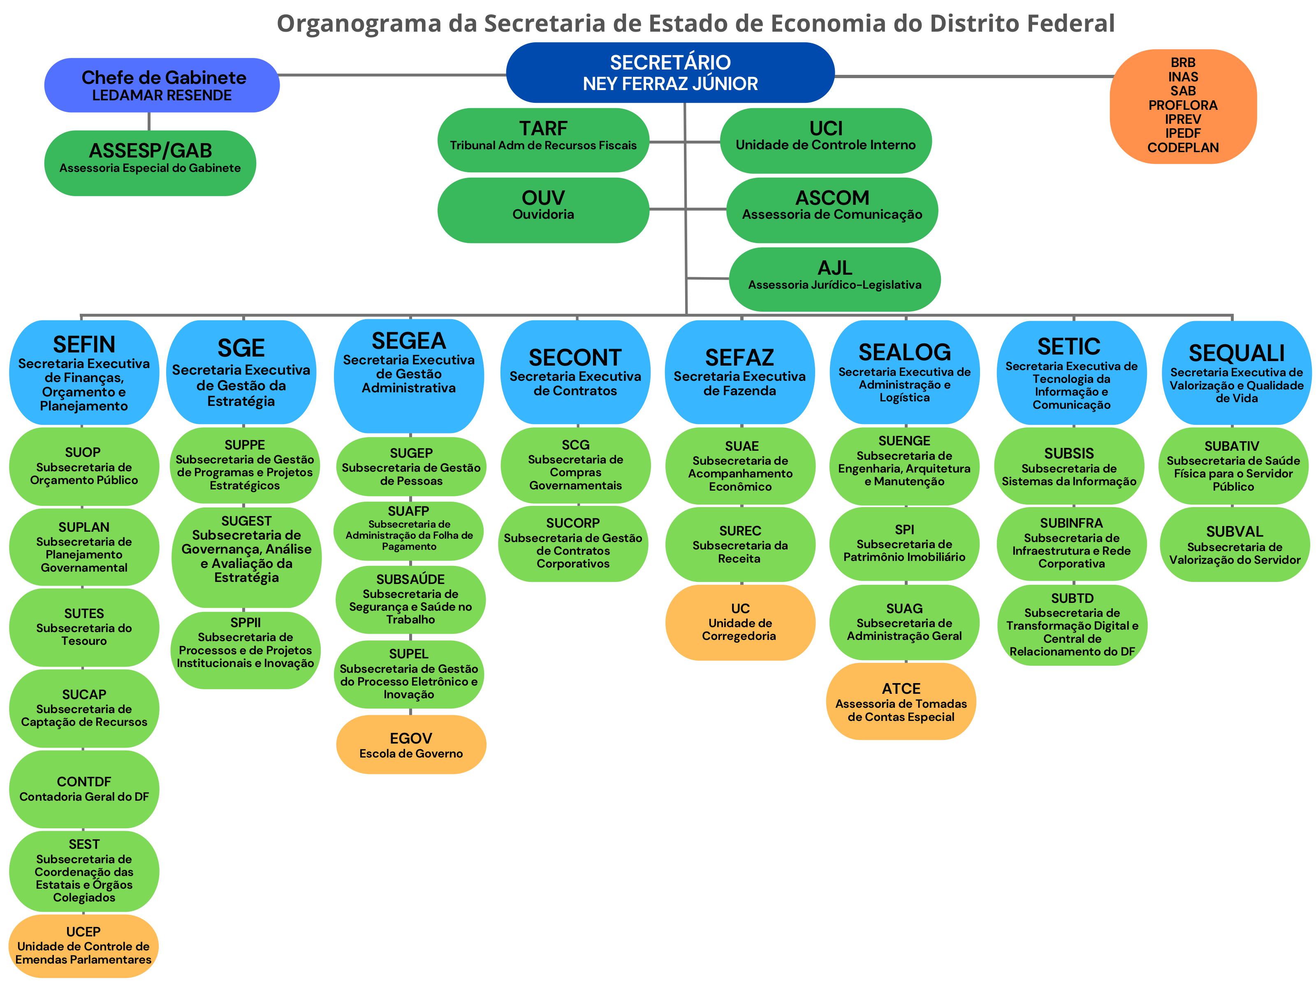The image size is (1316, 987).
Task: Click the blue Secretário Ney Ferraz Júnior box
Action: pos(670,72)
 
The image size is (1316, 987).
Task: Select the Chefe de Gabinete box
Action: pos(162,85)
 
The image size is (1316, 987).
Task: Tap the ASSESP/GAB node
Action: pos(150,163)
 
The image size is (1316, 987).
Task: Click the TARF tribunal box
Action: pos(543,140)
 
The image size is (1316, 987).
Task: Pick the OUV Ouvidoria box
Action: pos(543,210)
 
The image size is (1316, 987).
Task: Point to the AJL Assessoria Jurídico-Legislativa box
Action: pos(835,279)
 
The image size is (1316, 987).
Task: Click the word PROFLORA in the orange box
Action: pos(1183,105)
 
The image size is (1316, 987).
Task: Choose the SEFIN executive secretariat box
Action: pos(84,373)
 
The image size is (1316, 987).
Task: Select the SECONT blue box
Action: pos(575,373)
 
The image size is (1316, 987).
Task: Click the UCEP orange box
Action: pos(83,946)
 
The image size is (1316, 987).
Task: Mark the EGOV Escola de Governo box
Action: pos(411,745)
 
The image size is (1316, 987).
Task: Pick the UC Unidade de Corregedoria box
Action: pos(740,622)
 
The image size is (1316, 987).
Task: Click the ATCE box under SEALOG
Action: pos(901,702)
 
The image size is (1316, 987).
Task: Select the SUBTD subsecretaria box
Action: pos(1072,625)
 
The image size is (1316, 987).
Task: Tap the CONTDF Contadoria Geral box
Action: pos(84,789)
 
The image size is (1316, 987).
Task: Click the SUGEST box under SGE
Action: pos(246,557)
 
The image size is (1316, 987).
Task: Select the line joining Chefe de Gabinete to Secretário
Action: pos(393,75)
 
